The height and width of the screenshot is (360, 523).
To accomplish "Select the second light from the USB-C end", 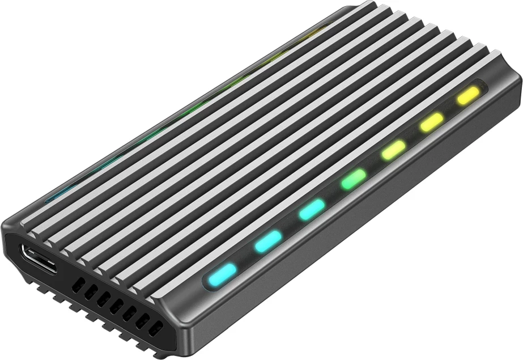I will click(x=268, y=241).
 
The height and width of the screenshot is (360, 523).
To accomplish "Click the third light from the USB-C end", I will click(x=311, y=210).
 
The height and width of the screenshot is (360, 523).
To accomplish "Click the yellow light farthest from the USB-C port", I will click(x=469, y=95).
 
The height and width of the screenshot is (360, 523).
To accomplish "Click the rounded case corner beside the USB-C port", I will click(x=11, y=232).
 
